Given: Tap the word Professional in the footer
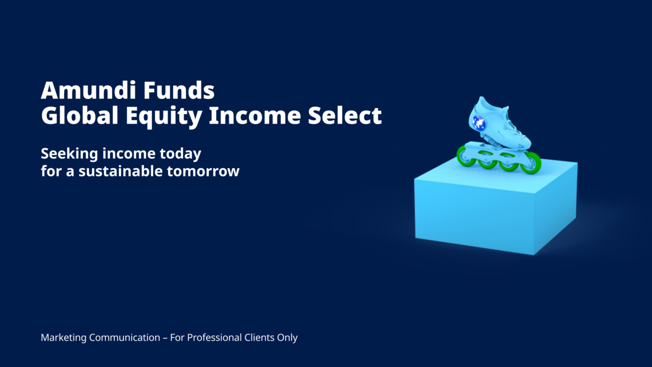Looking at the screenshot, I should tap(214, 337).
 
